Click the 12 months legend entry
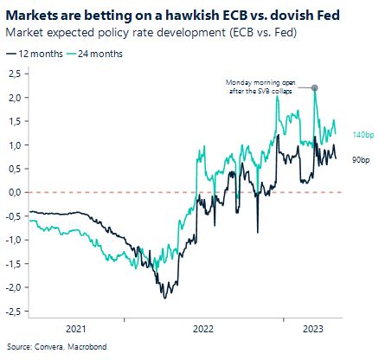pos(35,54)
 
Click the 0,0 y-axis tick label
pos(14,192)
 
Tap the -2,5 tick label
pos(13,312)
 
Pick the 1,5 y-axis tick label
pos(14,121)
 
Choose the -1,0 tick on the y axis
pos(13,240)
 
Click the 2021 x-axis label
pos(76,329)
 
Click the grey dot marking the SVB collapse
pos(314,87)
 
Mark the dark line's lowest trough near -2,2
pos(164,298)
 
